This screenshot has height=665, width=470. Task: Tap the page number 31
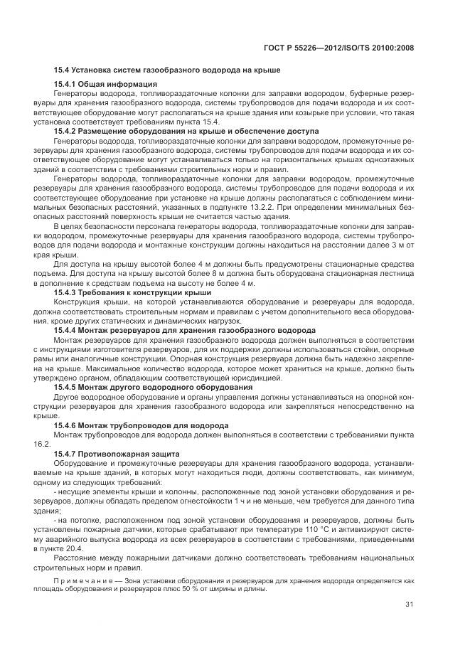(x=409, y=605)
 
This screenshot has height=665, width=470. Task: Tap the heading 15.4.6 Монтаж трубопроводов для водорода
(x=141, y=425)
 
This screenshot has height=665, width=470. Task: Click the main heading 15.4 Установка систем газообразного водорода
(x=167, y=70)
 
